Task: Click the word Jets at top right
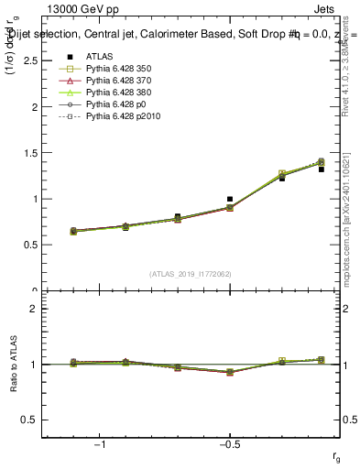(x=327, y=7)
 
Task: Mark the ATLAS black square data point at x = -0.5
(x=230, y=199)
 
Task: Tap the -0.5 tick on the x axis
(x=228, y=445)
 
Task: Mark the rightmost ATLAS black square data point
(x=322, y=169)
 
